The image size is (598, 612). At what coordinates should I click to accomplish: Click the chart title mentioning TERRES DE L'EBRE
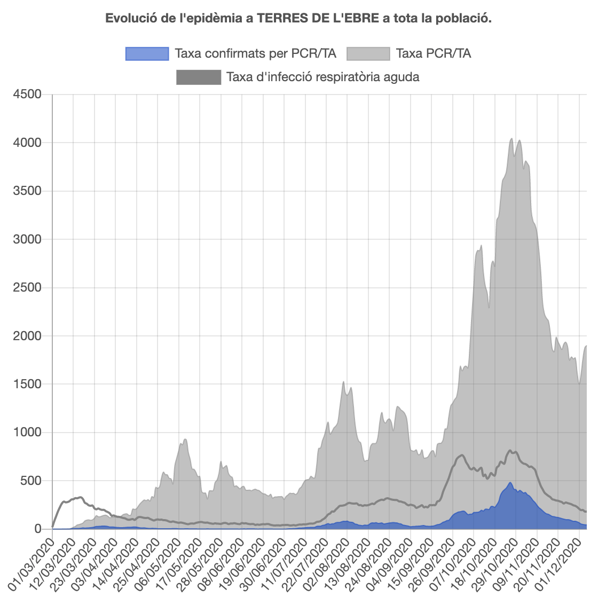(x=298, y=18)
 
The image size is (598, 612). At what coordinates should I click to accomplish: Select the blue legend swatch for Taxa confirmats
(x=147, y=53)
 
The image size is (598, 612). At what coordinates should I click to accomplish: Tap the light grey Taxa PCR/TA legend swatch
(x=368, y=53)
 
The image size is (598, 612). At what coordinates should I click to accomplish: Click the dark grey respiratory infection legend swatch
(x=198, y=77)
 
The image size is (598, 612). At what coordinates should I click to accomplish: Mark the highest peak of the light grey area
(x=512, y=139)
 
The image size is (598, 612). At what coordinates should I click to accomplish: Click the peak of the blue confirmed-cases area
(x=510, y=483)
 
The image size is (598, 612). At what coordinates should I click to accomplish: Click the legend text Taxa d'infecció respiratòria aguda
(x=322, y=77)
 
